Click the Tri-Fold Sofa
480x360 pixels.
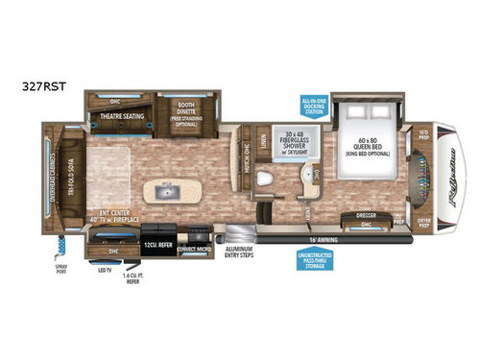coord(69,177)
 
